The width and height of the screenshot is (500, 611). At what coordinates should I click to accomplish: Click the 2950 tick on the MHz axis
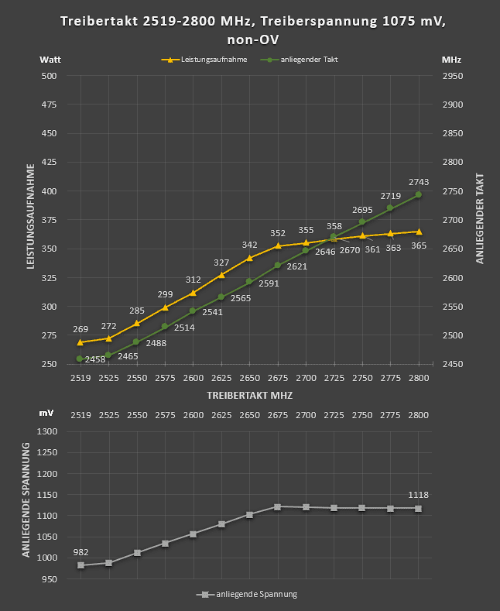tap(452, 76)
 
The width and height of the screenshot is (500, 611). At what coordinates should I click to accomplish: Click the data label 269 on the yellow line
tap(80, 329)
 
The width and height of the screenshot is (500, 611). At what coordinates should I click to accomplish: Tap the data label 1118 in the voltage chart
tap(419, 495)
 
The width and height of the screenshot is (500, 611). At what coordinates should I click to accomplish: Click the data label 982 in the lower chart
tap(80, 552)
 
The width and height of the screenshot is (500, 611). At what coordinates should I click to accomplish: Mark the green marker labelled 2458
tap(80, 359)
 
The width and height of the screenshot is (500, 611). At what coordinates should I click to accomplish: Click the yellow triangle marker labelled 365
tap(419, 232)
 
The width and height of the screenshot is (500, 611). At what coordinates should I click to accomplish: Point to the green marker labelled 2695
tap(362, 222)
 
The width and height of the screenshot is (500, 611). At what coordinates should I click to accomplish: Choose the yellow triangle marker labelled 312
tap(193, 293)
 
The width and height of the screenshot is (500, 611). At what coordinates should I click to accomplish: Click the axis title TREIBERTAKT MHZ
tap(249, 394)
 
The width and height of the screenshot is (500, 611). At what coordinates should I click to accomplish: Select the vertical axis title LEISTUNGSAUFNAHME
tap(31, 216)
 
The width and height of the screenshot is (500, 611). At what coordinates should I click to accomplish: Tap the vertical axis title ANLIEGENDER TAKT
tap(480, 218)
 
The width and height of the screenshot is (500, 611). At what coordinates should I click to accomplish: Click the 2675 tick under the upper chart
tap(277, 377)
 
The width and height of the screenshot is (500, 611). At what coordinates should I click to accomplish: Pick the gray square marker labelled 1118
tap(419, 508)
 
